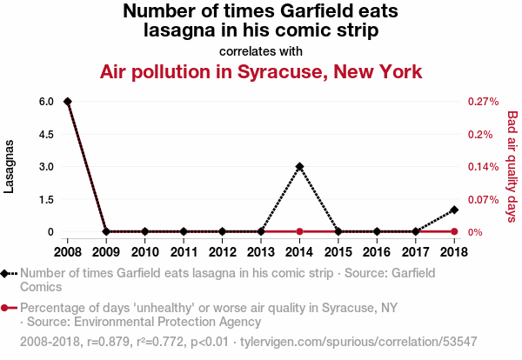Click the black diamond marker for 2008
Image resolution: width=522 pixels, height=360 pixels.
(x=68, y=102)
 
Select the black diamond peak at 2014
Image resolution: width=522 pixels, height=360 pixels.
(x=299, y=166)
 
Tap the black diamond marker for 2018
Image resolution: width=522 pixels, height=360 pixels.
(x=454, y=210)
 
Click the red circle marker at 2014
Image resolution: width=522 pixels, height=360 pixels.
(x=299, y=231)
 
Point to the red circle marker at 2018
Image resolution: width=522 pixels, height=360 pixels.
(x=454, y=231)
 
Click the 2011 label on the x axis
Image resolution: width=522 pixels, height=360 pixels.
(x=184, y=252)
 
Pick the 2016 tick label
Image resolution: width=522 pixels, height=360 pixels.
(x=377, y=252)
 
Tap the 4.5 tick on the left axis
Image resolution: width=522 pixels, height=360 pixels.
(x=46, y=135)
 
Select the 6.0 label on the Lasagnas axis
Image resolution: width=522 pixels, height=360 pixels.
(x=46, y=102)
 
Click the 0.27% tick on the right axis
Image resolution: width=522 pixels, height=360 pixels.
(x=484, y=102)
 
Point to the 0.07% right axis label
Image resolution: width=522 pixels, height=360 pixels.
(x=484, y=200)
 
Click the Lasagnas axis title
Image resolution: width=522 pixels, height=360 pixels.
(x=9, y=166)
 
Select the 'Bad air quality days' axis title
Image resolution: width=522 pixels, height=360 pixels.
(x=512, y=166)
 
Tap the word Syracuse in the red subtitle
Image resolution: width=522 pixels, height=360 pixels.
(x=283, y=72)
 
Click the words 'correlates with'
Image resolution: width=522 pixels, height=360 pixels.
(x=261, y=51)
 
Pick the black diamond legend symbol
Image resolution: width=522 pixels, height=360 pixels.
(x=4, y=274)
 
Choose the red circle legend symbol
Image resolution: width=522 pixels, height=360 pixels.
(x=4, y=308)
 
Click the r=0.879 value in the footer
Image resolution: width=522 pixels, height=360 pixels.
(x=110, y=342)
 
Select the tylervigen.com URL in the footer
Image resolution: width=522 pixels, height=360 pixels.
(x=358, y=342)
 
